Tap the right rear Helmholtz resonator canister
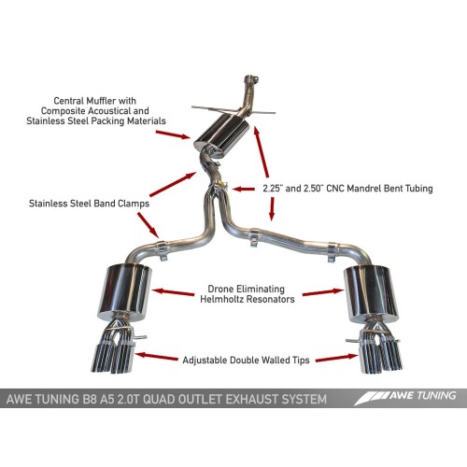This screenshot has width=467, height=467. (369, 291)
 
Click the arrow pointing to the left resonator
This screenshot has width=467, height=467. (169, 291)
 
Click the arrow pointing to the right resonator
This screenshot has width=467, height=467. (322, 292)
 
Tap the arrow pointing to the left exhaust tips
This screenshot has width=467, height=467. (160, 355)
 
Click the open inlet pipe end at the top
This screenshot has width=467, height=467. (250, 79)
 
